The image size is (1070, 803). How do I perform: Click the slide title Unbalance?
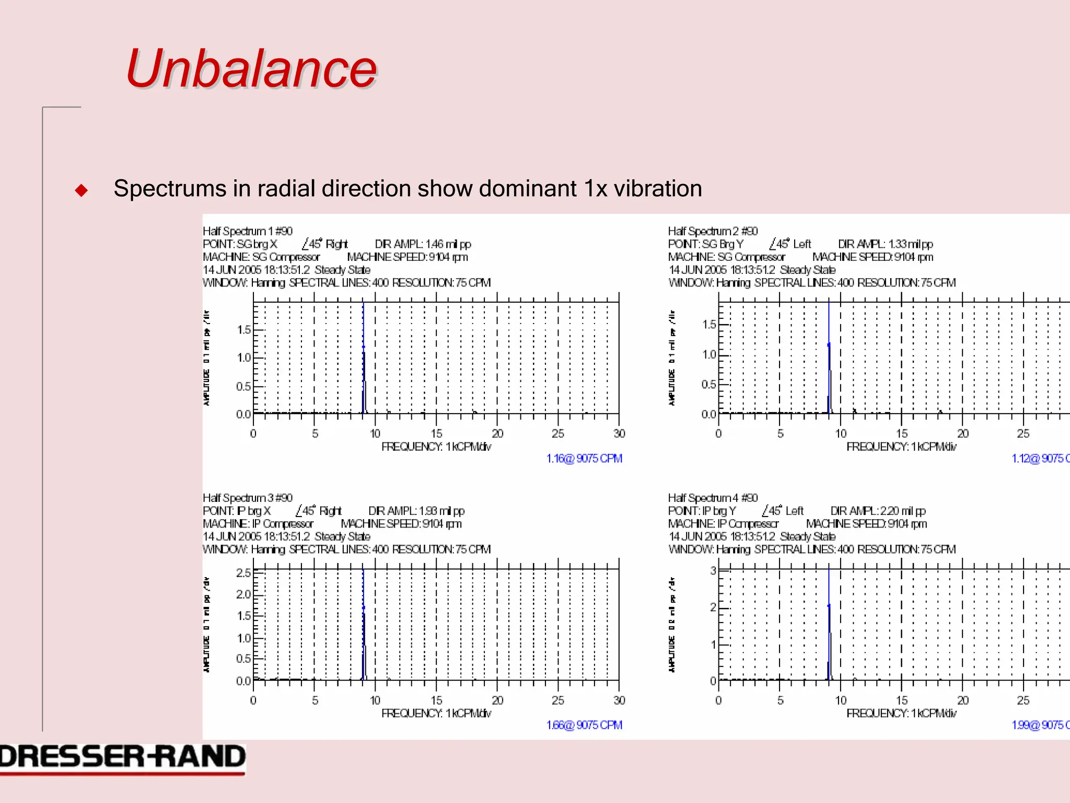pos(251,69)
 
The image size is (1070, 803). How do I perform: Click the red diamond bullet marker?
pos(82,190)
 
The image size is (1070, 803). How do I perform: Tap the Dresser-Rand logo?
pos(122,758)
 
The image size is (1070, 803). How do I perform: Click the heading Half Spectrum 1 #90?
pos(248,231)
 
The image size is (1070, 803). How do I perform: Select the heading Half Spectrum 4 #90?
pos(713,498)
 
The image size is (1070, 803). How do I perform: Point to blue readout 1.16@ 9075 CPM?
pos(584,458)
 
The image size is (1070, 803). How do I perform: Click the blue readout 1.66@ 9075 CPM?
pos(584,725)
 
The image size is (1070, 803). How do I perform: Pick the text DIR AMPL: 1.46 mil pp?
pos(423,244)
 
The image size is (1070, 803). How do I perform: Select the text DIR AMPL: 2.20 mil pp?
pos(878,511)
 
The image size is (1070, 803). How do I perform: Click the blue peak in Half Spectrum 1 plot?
pos(364,355)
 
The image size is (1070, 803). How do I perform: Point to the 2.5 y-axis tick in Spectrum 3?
pos(243,573)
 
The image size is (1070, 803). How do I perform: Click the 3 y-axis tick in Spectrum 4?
pos(713,570)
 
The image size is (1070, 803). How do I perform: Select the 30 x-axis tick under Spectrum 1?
pos(619,433)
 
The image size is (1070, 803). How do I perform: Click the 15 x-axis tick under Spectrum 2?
pos(902,433)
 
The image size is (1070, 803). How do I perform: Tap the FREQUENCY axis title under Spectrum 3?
pos(436,713)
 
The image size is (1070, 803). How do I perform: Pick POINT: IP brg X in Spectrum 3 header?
pos(237,511)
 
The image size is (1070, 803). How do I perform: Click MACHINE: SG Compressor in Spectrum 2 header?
pos(726,257)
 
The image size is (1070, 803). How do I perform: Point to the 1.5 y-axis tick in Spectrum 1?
pos(243,330)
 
